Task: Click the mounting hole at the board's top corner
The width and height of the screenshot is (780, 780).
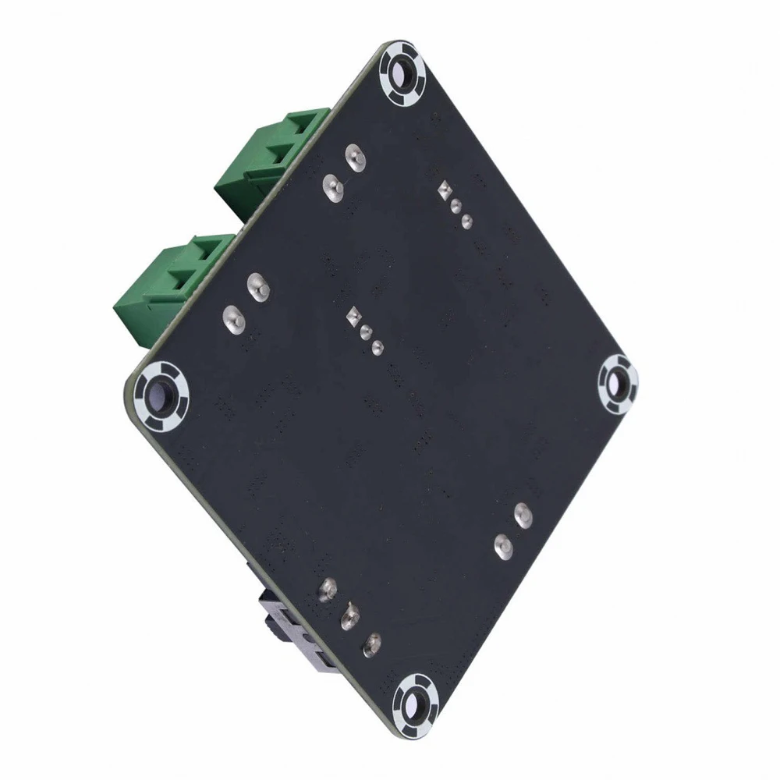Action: click(x=402, y=76)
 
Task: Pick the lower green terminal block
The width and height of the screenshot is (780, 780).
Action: click(x=173, y=285)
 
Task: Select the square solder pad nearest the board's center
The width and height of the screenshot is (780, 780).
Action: click(x=355, y=316)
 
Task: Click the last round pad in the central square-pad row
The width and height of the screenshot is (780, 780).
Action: click(x=378, y=346)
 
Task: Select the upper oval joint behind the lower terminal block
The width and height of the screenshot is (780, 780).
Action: click(x=255, y=285)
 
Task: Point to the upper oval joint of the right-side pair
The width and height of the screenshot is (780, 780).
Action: click(x=522, y=514)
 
